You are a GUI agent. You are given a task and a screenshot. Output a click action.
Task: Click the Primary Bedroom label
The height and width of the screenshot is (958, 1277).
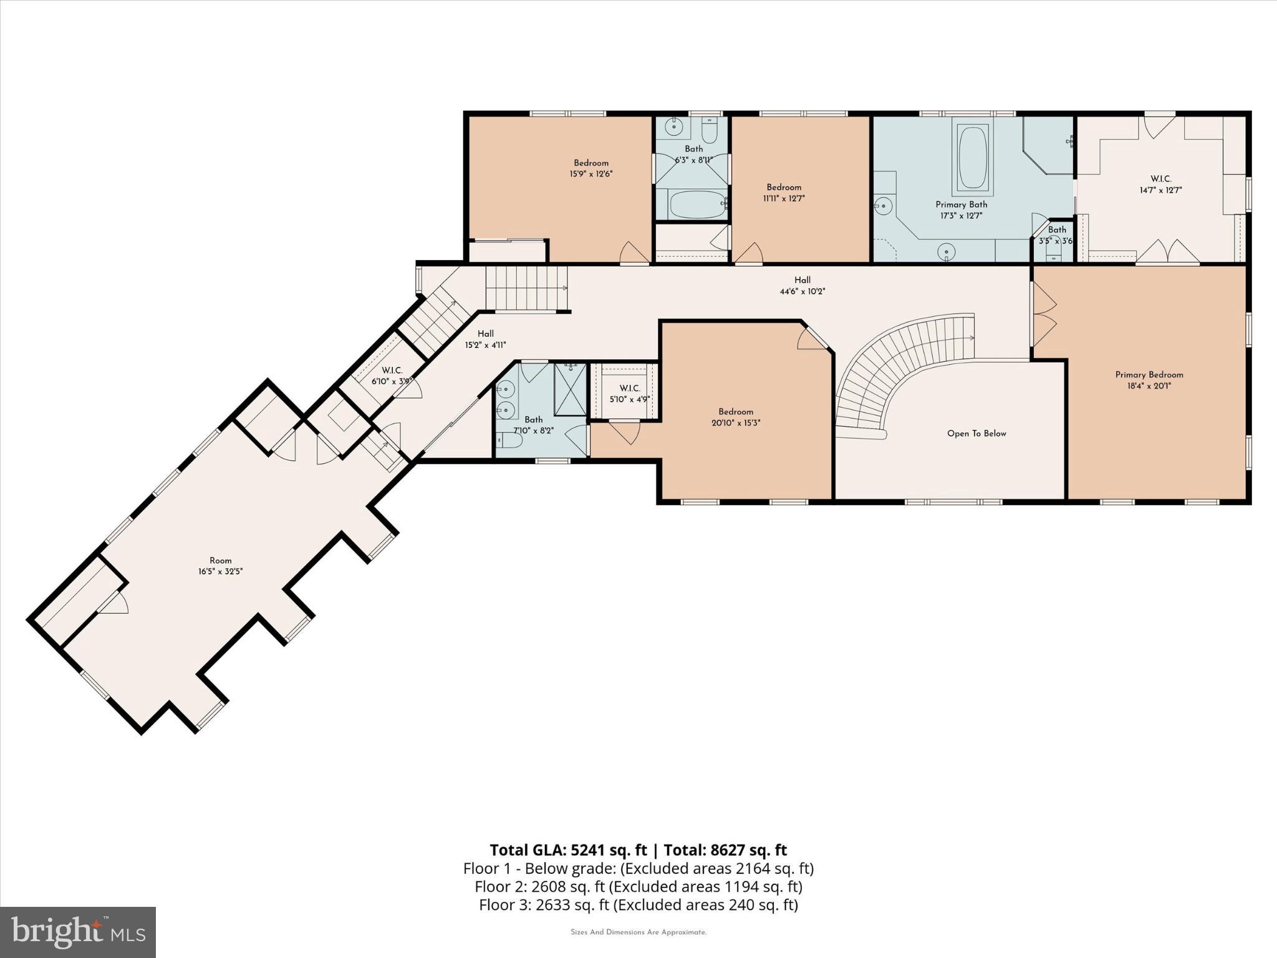click(1149, 375)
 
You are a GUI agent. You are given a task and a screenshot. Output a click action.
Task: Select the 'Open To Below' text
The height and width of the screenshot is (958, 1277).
click(976, 433)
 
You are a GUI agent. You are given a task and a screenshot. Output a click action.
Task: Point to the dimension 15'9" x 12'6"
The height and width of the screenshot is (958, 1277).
click(590, 175)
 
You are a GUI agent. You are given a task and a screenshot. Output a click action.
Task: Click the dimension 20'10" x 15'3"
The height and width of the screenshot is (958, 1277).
click(736, 423)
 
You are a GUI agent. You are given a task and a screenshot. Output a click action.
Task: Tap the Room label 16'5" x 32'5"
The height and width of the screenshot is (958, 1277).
click(220, 566)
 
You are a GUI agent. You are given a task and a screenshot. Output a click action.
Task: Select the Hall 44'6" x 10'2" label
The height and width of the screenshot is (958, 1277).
click(802, 286)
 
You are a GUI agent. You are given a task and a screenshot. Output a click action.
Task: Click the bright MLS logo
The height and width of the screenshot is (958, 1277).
click(78, 932)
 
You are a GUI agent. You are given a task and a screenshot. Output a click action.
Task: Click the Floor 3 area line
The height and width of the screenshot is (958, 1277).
click(638, 904)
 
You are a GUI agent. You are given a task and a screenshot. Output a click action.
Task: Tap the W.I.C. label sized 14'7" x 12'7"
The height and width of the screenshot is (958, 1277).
click(1160, 185)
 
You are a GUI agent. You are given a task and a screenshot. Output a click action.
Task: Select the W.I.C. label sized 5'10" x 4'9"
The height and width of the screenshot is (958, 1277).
click(629, 394)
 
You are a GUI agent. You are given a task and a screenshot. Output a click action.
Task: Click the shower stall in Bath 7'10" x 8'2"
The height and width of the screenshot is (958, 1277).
click(570, 389)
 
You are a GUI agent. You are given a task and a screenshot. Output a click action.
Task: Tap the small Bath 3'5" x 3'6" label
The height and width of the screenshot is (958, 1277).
click(1056, 235)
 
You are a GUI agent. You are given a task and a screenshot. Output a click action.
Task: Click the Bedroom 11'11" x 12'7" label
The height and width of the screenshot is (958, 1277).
click(784, 193)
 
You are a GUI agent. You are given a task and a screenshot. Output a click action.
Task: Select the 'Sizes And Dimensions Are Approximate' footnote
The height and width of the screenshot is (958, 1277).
click(638, 932)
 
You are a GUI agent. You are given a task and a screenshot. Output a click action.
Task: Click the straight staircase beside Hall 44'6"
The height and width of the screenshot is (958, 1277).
click(526, 288)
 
